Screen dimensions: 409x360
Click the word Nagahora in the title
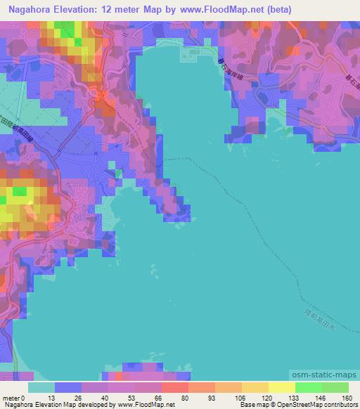pos(30,10)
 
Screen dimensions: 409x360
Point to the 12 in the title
pos(122,10)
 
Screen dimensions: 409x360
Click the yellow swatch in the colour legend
pos(281,387)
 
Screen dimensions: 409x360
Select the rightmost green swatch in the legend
pos(335,387)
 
